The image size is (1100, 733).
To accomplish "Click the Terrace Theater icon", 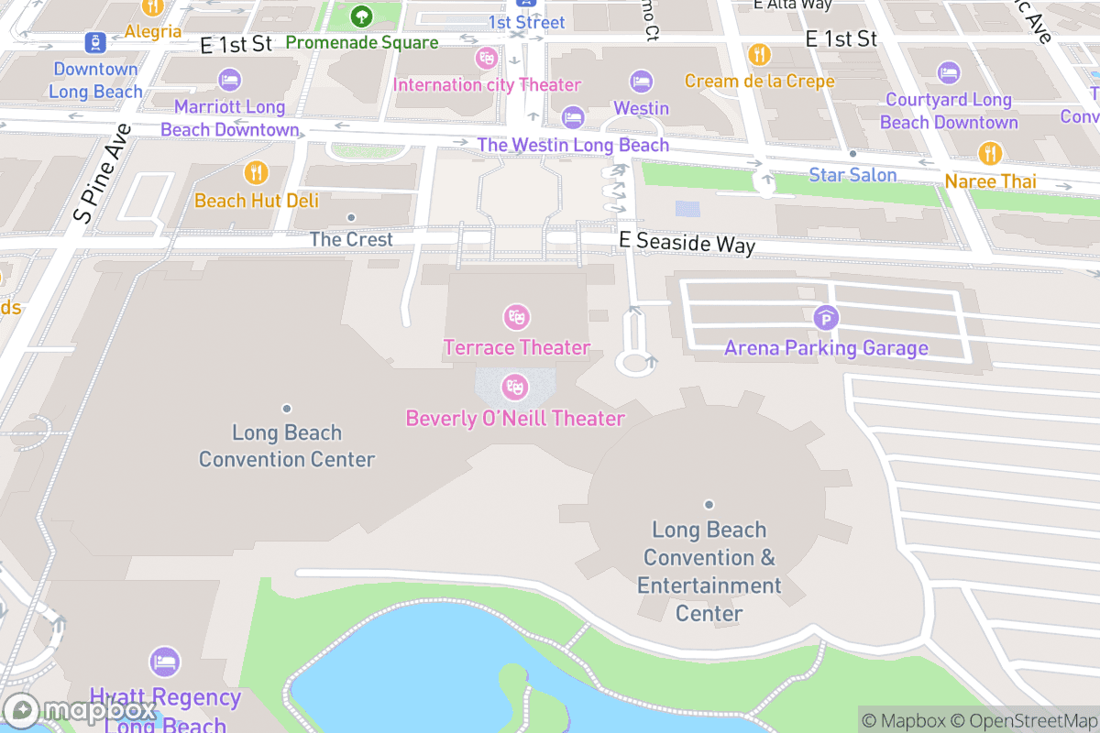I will point(517,318).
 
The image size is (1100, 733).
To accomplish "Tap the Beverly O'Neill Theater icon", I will point(515,388).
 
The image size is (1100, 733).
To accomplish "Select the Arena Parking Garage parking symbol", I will point(826,319).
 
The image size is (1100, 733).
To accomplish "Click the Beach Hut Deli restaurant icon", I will point(256,172).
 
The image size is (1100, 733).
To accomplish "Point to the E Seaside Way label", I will point(687,243).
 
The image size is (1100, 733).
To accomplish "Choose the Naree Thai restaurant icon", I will point(989,153).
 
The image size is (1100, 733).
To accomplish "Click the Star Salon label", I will point(852,174).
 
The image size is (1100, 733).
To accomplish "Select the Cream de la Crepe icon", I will point(759,55).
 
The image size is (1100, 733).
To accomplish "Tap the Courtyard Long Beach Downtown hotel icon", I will point(948,72).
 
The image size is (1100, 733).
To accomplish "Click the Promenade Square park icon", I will point(361,16).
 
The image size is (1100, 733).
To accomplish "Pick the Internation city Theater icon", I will point(486,59).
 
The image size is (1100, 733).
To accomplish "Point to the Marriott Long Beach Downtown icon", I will point(229,80).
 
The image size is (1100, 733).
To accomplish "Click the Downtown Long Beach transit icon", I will point(94,41).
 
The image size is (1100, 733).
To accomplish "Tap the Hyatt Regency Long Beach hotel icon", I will point(165,662).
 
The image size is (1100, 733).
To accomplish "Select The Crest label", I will point(351,239).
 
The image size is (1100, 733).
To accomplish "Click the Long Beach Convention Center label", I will point(287,445).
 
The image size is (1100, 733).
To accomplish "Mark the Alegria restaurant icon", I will point(153,7).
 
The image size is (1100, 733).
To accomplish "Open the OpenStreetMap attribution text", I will point(1020,720).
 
